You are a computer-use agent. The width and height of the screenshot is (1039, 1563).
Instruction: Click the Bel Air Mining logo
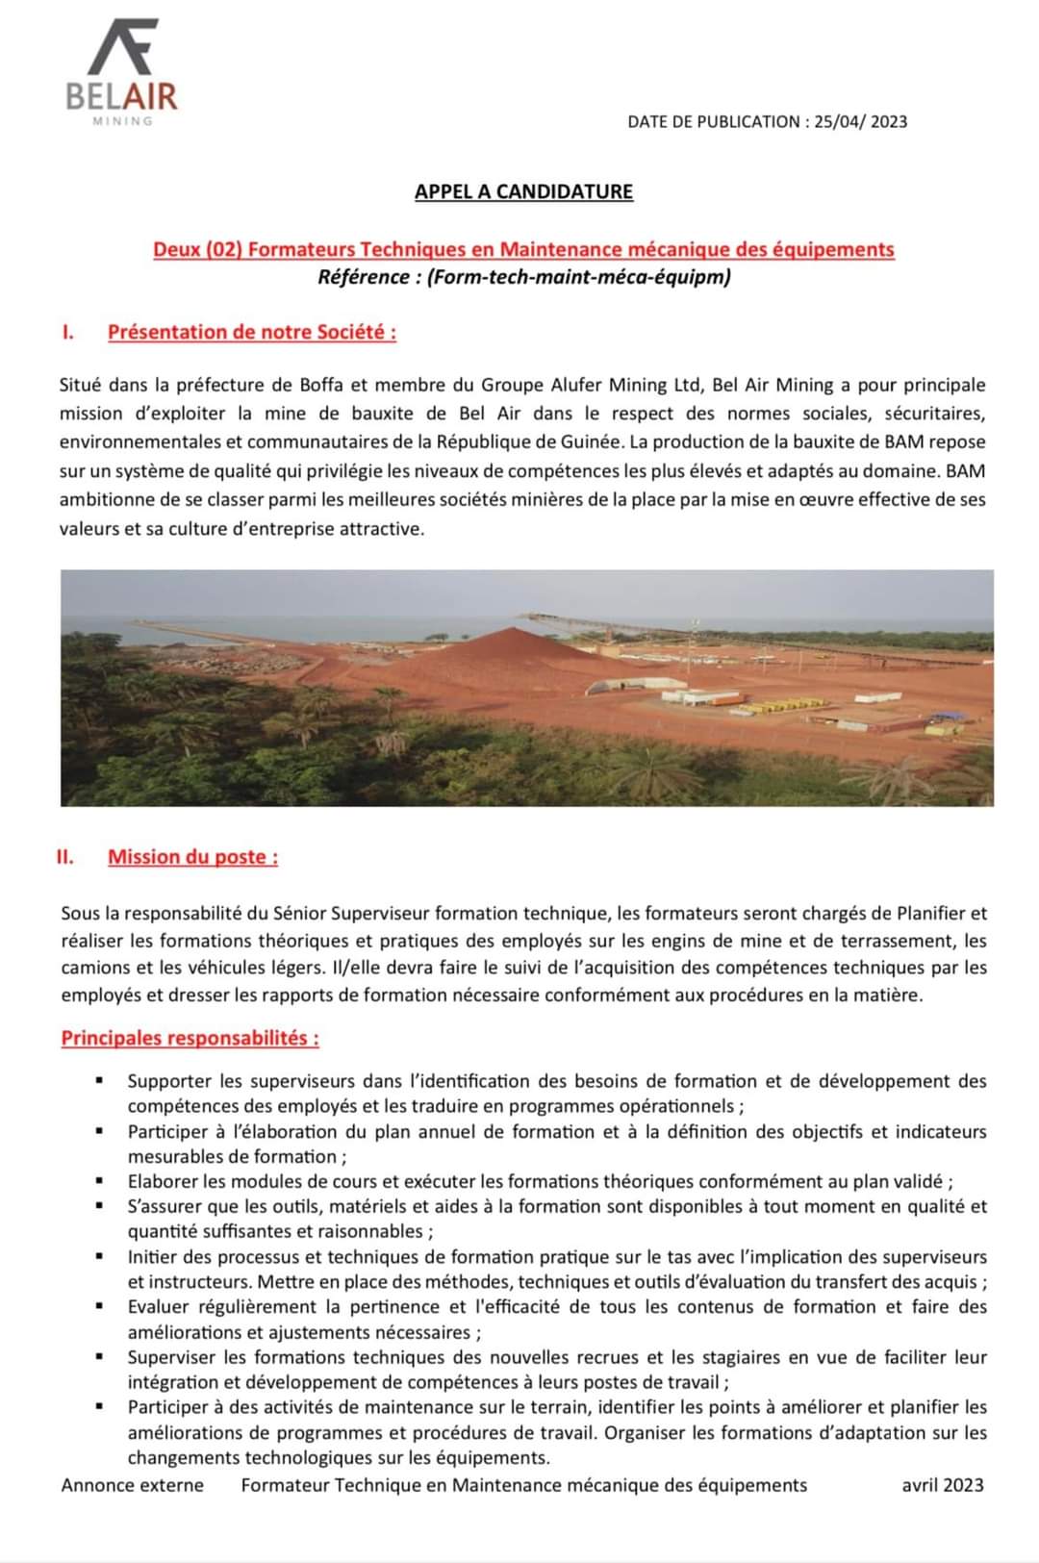(121, 72)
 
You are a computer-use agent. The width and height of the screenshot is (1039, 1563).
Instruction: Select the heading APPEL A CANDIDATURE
(523, 191)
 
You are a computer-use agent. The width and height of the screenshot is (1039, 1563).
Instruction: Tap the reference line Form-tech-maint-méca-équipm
(524, 277)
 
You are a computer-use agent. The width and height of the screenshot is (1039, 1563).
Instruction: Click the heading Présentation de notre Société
(251, 332)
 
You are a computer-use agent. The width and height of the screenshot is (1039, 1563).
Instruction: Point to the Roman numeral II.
(65, 857)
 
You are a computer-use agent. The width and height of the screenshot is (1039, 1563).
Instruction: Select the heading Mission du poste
(192, 857)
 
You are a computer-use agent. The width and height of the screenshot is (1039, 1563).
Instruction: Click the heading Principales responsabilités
(190, 1038)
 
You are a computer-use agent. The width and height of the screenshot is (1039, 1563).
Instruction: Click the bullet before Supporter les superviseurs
(99, 1081)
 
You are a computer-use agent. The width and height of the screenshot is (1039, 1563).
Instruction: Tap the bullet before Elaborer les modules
(99, 1181)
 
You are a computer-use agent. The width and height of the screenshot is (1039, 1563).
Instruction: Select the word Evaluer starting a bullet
(161, 1306)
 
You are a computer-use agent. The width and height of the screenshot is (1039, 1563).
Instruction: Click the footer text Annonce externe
(132, 1485)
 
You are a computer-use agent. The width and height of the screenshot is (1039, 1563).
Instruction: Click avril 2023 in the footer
(942, 1485)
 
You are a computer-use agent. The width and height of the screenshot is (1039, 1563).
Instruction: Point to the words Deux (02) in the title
(197, 250)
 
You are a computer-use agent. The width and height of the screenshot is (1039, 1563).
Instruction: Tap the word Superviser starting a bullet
(172, 1357)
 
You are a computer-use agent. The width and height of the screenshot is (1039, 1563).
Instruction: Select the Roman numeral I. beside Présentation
(67, 332)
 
